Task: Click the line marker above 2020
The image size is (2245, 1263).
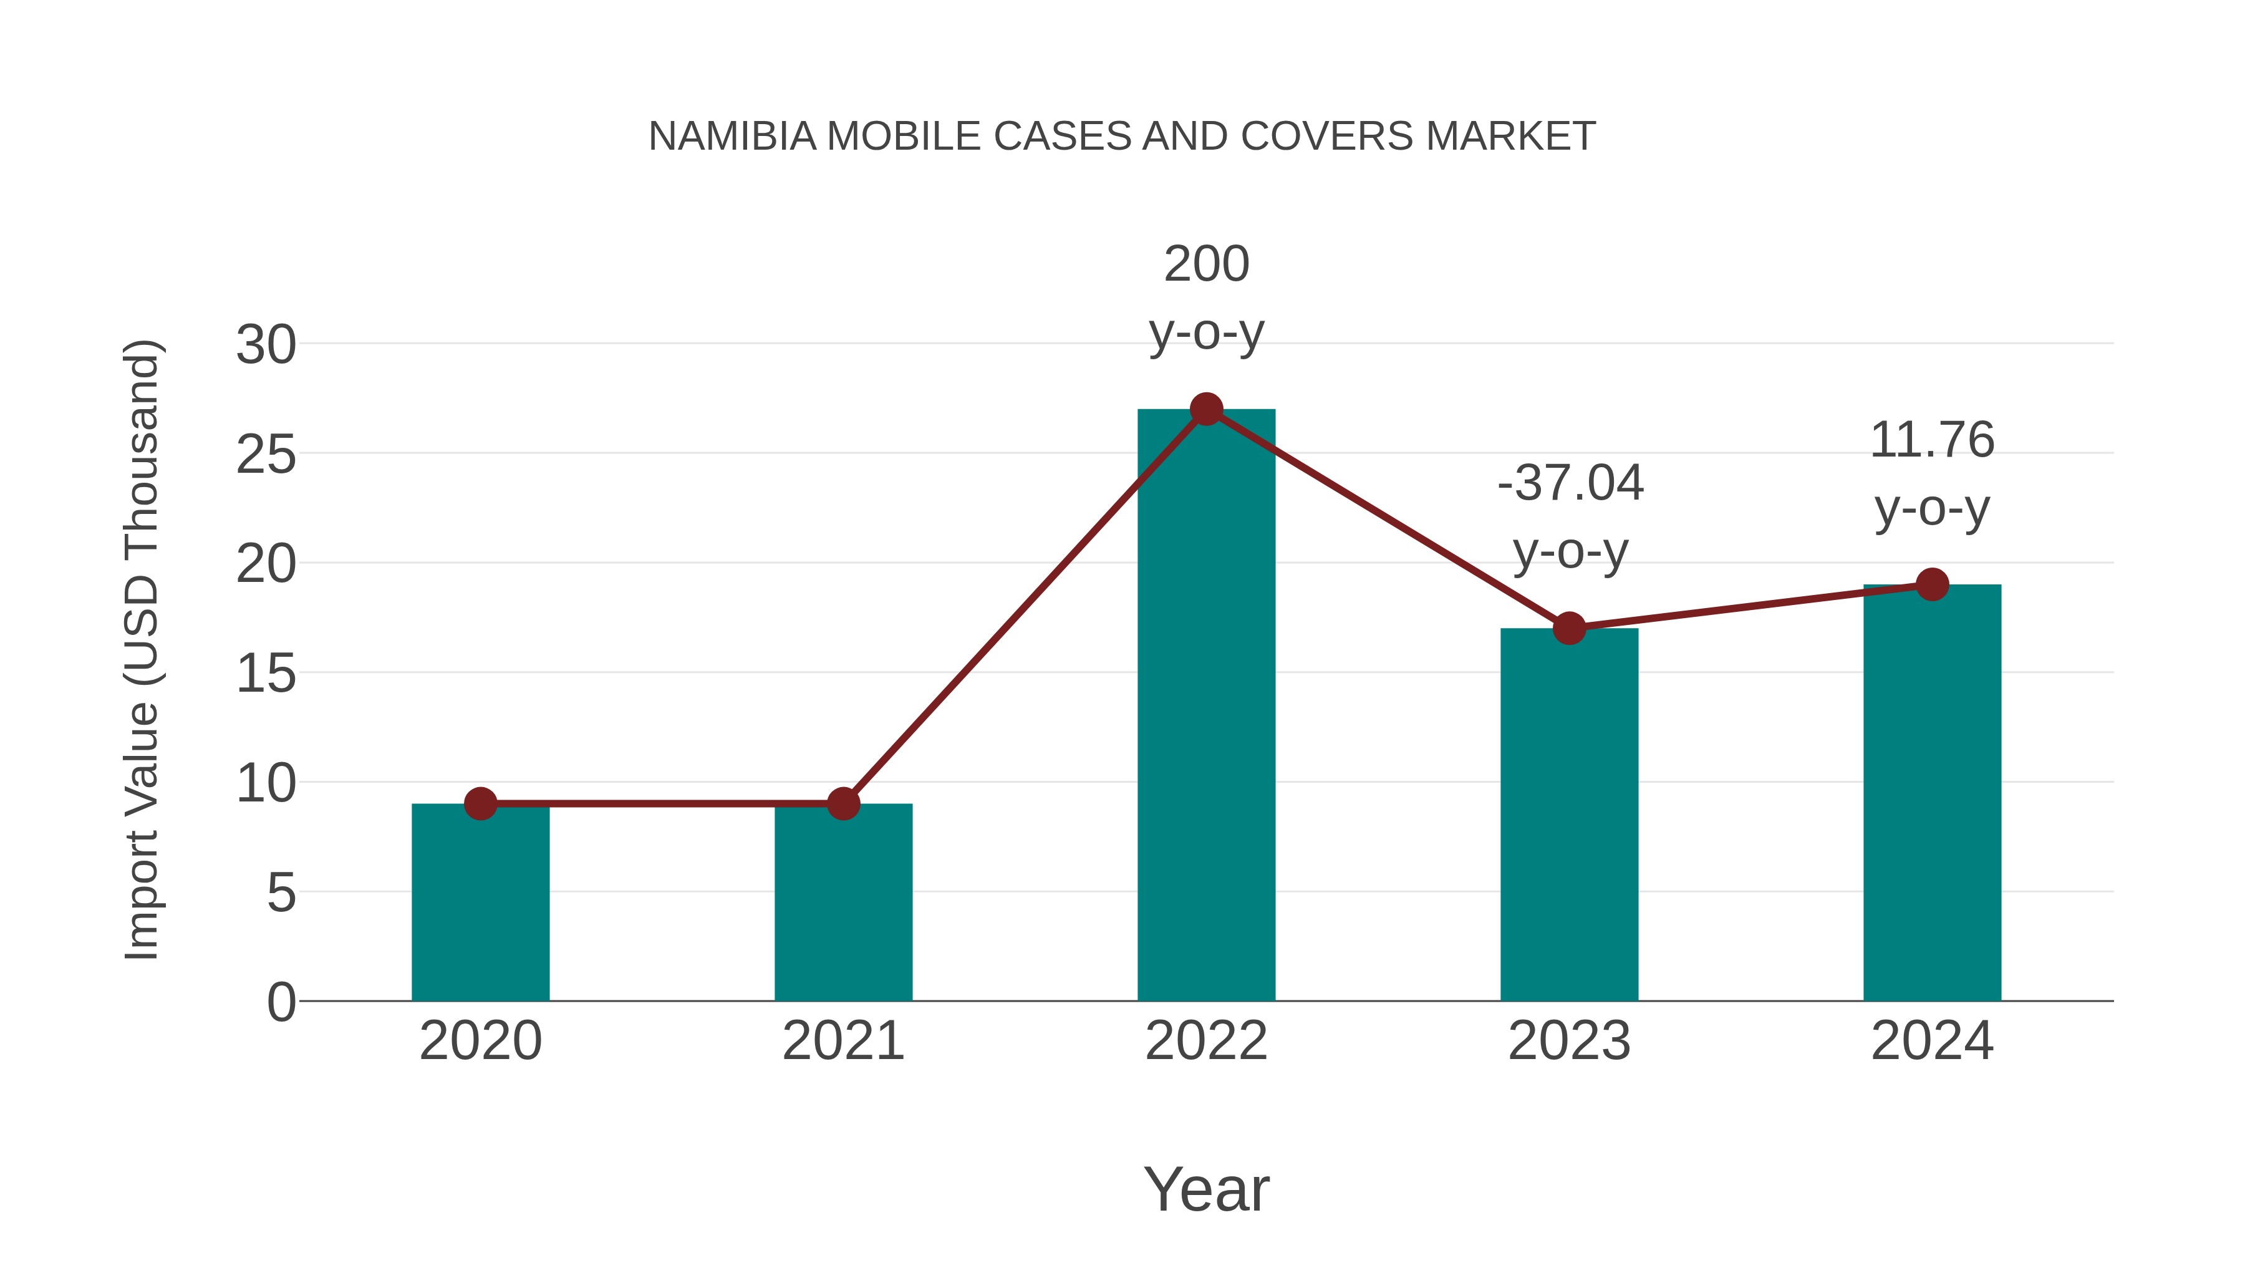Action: click(480, 804)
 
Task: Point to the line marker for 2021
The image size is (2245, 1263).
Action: click(842, 804)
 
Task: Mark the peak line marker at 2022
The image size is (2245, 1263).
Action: click(1206, 409)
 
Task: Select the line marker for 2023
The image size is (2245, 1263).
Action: click(1569, 627)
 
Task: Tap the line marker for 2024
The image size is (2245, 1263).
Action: click(1932, 584)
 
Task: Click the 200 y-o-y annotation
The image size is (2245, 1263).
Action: click(1206, 298)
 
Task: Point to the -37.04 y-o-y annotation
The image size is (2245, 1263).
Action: click(1570, 517)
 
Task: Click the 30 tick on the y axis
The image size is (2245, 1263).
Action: click(266, 345)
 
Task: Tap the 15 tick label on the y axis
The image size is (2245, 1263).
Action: click(266, 674)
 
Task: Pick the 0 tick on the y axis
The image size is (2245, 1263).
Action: click(281, 1002)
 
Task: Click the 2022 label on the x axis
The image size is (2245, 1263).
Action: click(1206, 1041)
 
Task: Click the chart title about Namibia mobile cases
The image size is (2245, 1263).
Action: click(1122, 136)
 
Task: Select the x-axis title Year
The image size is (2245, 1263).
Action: click(1206, 1189)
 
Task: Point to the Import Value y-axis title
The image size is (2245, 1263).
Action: click(141, 649)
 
